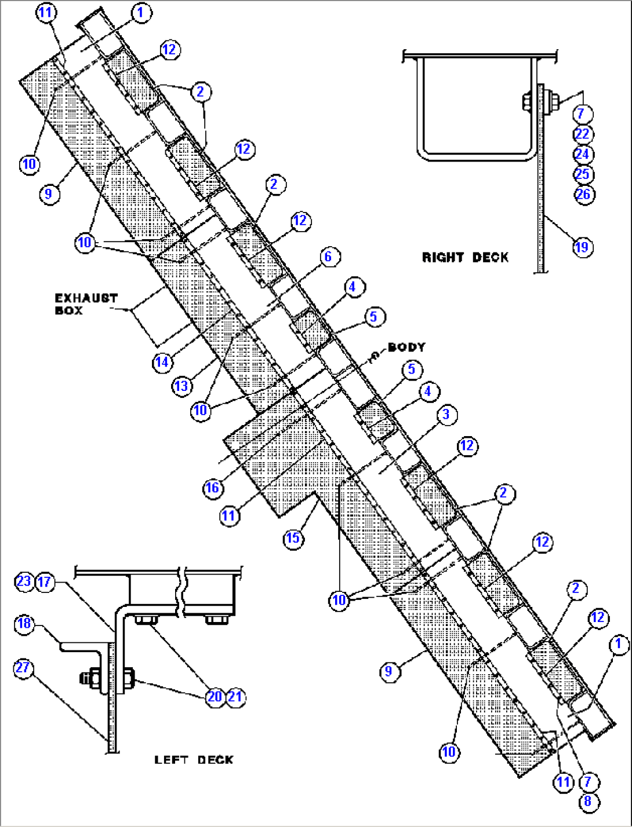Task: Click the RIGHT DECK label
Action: coord(465,257)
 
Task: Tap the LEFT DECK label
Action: coord(194,759)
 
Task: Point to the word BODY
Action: coord(406,347)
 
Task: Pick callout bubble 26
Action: coord(583,194)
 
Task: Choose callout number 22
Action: coord(582,134)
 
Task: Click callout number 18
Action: coord(24,624)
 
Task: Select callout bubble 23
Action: coord(24,581)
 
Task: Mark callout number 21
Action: coord(234,696)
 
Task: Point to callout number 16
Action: coord(213,488)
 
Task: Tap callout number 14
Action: coord(162,362)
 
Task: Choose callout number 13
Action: coord(181,385)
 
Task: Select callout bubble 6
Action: coord(329,256)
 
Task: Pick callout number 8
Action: coord(588,802)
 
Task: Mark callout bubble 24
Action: coord(582,154)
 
